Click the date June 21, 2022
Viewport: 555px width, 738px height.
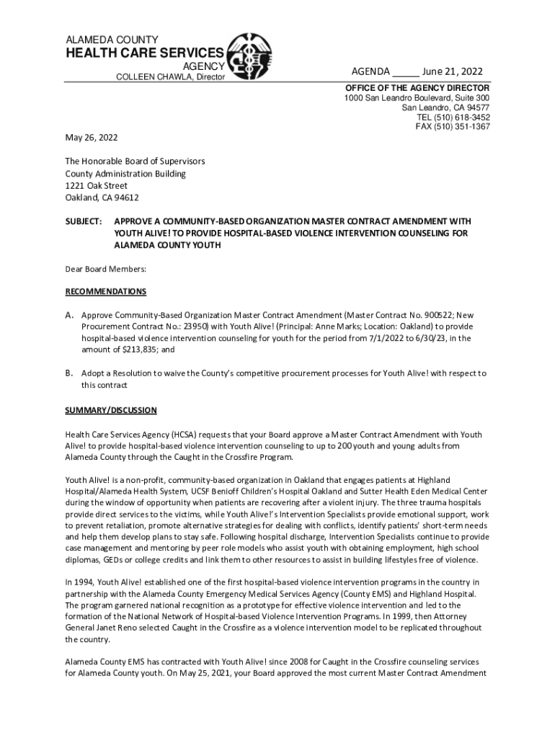pyautogui.click(x=452, y=71)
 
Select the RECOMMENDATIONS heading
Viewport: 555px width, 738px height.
pyautogui.click(x=106, y=291)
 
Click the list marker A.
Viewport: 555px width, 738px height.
pyautogui.click(x=70, y=315)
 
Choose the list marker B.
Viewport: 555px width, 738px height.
pyautogui.click(x=70, y=373)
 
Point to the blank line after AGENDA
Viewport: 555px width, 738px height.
pyautogui.click(x=406, y=71)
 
